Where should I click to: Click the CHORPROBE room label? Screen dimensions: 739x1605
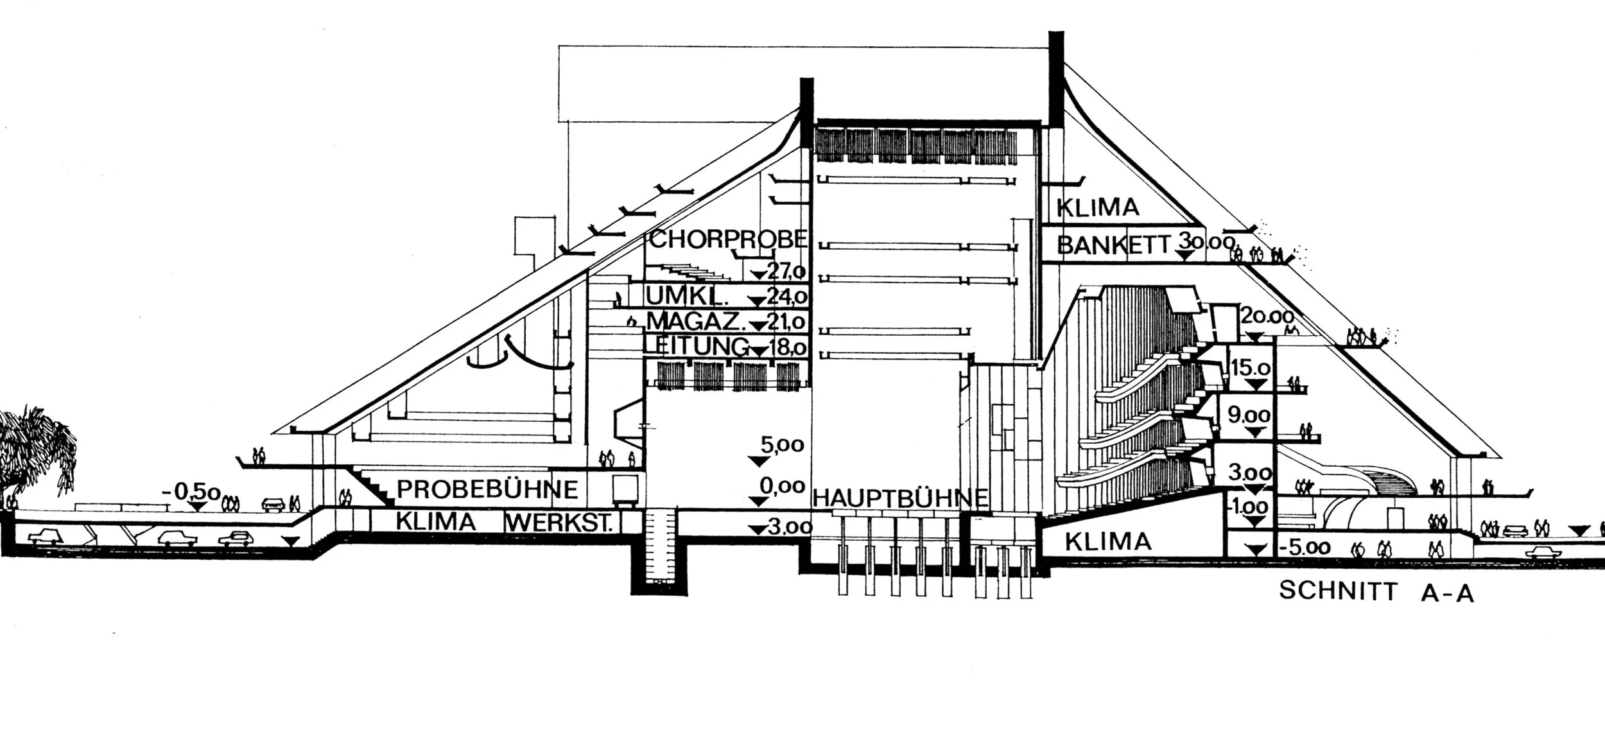click(727, 239)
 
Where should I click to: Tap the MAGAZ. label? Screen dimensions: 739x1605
click(684, 321)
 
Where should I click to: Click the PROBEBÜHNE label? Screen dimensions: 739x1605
click(487, 489)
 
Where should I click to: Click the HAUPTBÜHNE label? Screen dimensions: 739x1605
click(900, 498)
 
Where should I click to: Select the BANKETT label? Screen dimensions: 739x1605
click(1114, 245)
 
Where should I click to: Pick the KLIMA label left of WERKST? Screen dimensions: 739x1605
click(436, 522)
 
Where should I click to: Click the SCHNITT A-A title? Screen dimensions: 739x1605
click(1376, 591)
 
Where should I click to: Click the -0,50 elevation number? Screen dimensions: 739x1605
click(192, 493)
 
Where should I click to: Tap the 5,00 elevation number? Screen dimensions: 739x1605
click(781, 444)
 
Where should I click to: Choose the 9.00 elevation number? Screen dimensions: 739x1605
click(1249, 415)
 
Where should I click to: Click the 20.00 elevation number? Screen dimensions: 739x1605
click(1266, 317)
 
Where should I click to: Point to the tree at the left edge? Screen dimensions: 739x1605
click(35, 449)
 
